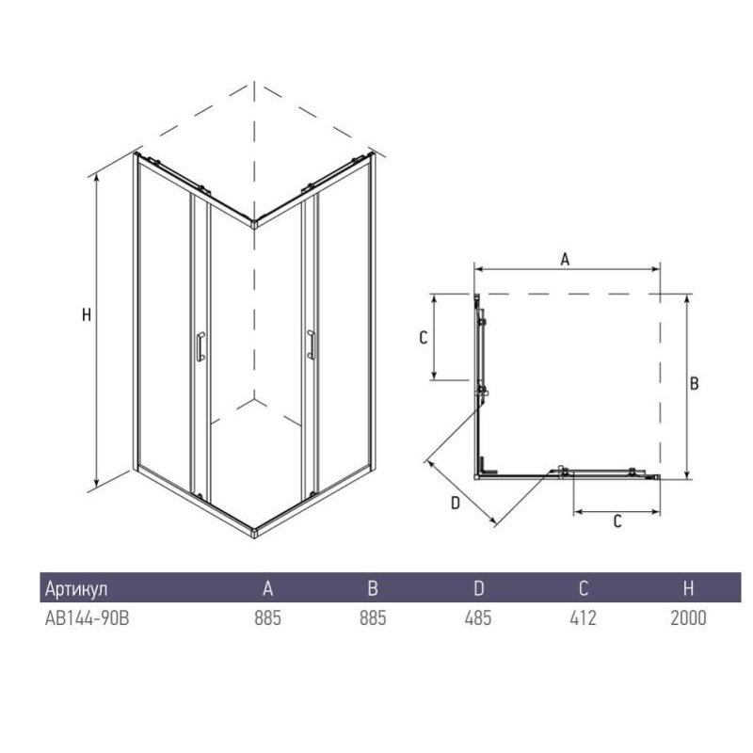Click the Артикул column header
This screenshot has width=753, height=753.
click(76, 589)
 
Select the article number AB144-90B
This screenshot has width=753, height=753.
click(87, 618)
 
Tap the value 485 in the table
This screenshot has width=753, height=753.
click(478, 618)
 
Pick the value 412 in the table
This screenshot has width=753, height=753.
click(583, 618)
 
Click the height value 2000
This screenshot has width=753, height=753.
click(688, 618)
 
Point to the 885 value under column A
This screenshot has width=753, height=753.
click(267, 618)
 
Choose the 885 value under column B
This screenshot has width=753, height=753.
click(373, 618)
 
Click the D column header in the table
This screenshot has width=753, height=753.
click(479, 588)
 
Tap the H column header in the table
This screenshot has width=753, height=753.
click(689, 588)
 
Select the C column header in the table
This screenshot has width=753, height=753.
click(584, 588)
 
